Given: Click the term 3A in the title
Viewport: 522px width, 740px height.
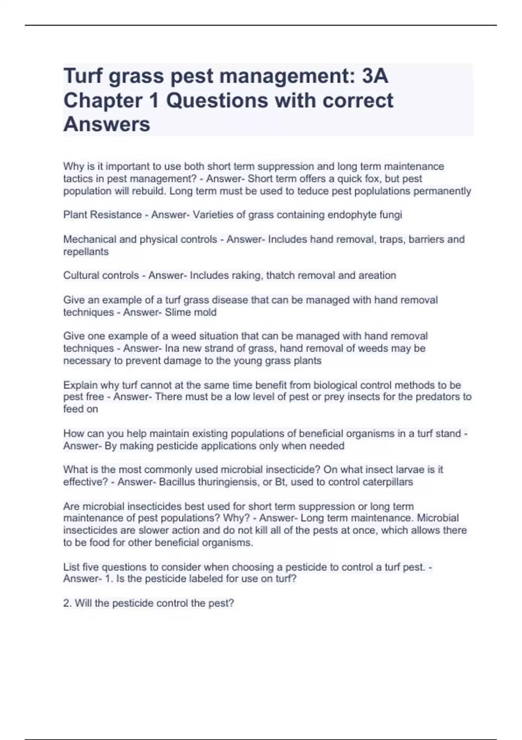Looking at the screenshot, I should click(375, 76).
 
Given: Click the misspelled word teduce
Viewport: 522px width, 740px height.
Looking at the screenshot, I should click(313, 191).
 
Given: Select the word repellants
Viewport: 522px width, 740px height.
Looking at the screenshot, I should click(86, 252).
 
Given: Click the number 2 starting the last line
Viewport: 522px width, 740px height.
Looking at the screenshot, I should click(66, 603).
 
